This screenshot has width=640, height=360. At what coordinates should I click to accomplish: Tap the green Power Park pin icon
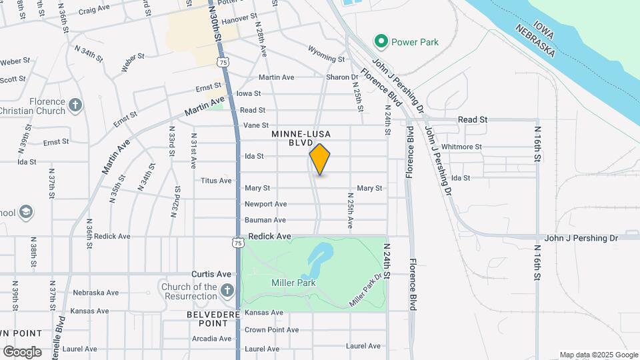tap(381, 42)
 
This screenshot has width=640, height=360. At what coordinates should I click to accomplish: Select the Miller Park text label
tap(293, 283)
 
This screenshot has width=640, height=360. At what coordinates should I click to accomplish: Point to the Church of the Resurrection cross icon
tap(227, 290)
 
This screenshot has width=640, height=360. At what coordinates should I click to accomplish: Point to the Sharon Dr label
tap(343, 77)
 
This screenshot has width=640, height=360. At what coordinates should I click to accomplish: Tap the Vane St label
tap(256, 125)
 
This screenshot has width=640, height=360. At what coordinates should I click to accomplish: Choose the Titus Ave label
tap(216, 181)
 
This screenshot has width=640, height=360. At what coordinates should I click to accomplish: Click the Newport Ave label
tap(265, 204)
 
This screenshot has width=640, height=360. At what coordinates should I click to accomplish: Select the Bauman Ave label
tap(265, 220)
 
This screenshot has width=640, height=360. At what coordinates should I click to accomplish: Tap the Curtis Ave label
tap(211, 274)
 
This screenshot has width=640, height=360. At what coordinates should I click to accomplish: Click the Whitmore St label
tap(461, 147)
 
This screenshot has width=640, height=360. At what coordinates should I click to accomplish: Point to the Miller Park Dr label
tap(367, 291)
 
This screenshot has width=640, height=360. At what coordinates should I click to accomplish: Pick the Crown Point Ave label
tap(265, 330)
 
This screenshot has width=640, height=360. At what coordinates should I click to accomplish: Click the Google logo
tap(22, 351)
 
